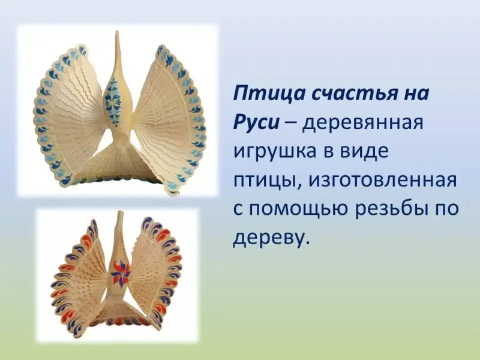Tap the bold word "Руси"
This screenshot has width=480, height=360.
point(257,122)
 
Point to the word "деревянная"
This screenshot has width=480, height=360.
point(363,122)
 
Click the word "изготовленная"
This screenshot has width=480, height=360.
point(382,180)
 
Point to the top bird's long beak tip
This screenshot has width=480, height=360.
point(117,31)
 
